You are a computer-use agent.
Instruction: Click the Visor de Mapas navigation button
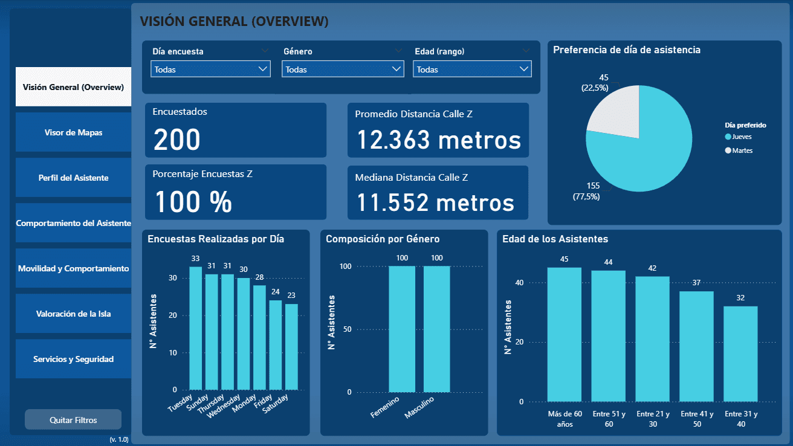(73, 132)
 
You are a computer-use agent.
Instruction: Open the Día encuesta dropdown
(210, 69)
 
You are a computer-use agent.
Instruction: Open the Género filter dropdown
(343, 69)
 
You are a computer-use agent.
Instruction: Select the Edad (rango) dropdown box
(472, 69)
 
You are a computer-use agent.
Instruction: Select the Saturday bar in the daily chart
(291, 347)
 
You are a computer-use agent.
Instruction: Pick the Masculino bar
(436, 329)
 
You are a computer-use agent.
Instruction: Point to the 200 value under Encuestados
(176, 140)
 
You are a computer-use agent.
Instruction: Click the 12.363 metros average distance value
(438, 140)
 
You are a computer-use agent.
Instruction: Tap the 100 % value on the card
(193, 202)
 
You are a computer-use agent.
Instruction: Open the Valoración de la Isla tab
(73, 314)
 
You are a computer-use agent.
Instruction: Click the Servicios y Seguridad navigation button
(73, 359)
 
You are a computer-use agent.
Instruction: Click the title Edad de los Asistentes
(555, 239)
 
